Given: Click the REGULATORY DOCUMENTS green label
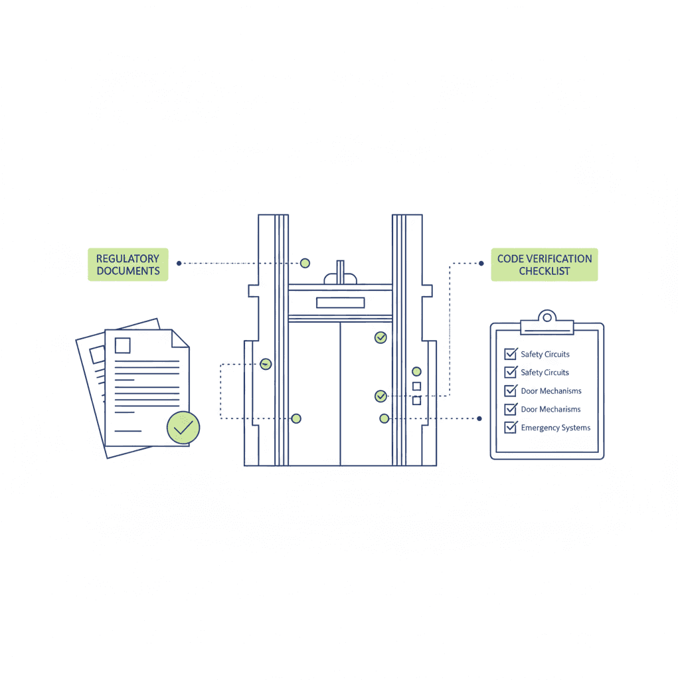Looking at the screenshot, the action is coord(128,264).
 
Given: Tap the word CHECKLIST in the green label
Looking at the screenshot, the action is coord(545,271).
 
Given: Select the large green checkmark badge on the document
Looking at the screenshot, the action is coord(183,428).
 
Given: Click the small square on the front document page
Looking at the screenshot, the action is coord(123,345).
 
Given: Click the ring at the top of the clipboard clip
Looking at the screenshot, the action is coord(547,317).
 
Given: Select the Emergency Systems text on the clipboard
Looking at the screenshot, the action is coord(556,428).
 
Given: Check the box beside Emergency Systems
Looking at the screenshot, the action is coord(511,428).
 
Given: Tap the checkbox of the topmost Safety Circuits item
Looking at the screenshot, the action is coord(511,354).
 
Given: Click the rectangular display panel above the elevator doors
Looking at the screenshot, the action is coord(341,303).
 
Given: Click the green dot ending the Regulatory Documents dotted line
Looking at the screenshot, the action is coord(305,263).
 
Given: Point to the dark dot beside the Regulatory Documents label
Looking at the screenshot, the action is coord(179,263).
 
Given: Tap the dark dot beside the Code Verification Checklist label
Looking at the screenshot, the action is coord(481,263).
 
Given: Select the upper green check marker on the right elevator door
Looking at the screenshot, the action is coord(381,337).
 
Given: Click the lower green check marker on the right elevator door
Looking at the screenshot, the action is coord(381,396).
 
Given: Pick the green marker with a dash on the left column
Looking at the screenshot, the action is coord(266,365).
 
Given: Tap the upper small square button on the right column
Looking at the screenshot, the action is coord(417,386).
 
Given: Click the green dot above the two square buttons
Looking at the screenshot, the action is coord(416,371).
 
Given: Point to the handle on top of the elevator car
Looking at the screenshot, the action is coord(341,272).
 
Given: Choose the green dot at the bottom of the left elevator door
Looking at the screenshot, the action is coord(296,418).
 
